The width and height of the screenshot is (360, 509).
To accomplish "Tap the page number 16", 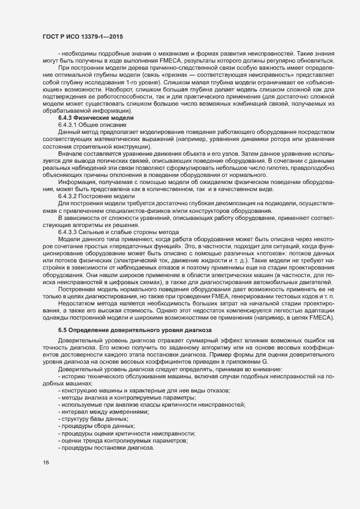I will tap(46, 463).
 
